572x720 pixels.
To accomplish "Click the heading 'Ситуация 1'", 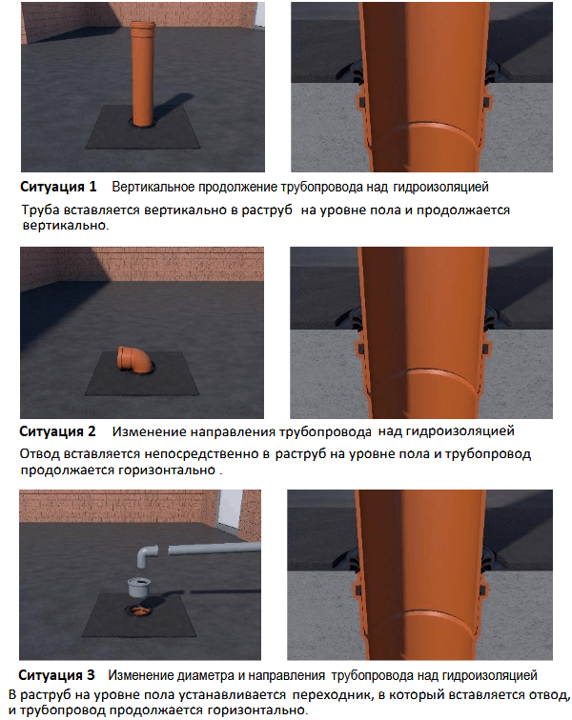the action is click(x=58, y=187).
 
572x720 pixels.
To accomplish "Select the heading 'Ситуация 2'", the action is click(x=57, y=431).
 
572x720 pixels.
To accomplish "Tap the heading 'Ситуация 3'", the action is click(x=56, y=675).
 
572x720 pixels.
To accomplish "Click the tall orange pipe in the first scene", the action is click(x=142, y=73).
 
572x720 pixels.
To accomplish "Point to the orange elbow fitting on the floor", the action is click(x=133, y=359).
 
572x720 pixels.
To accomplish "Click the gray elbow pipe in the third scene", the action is click(x=147, y=555).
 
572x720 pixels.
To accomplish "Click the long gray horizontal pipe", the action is click(x=214, y=548).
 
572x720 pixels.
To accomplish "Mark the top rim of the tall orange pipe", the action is click(x=142, y=24).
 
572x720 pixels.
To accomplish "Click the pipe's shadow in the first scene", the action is click(x=171, y=107).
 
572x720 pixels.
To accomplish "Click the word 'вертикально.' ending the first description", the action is click(x=66, y=226).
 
